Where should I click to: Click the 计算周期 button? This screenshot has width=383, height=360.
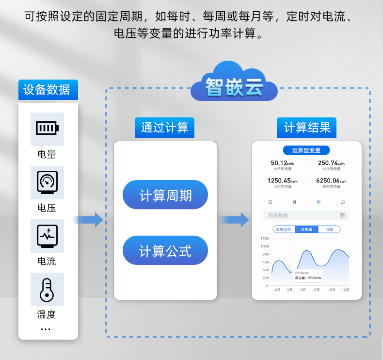[165, 195]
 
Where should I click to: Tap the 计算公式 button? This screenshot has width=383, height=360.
[165, 251]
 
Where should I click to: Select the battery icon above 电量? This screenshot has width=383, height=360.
[47, 129]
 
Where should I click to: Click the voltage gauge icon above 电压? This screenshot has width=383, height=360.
[47, 182]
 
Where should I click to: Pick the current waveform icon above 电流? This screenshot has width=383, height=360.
[47, 236]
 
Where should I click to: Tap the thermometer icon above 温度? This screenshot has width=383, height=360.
[47, 289]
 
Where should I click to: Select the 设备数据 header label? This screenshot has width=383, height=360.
[47, 90]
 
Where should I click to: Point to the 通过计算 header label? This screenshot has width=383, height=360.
[164, 128]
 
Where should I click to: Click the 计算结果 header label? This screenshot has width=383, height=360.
[307, 128]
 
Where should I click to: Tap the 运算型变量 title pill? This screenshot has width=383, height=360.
[306, 150]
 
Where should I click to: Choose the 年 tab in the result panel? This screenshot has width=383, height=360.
[319, 202]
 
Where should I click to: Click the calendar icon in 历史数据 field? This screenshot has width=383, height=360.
[342, 215]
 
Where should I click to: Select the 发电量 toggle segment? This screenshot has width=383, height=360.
[306, 229]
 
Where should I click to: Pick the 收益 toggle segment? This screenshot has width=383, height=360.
[329, 229]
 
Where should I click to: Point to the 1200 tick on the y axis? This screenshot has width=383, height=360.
[264, 239]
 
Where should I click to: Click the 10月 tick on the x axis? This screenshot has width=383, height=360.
[332, 290]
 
